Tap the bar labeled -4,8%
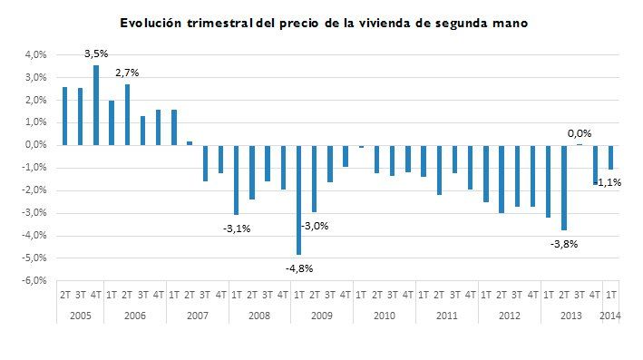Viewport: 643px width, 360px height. point(298,199)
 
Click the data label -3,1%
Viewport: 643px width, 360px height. point(236,229)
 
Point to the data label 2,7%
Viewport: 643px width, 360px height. point(127,72)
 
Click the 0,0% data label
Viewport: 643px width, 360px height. point(579,133)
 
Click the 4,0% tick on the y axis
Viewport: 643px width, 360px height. point(34,54)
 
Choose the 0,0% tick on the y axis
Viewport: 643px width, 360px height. point(34,145)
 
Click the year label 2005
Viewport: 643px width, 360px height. point(81,315)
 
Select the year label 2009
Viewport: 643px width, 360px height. point(322,315)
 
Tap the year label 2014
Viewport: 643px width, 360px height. point(611,315)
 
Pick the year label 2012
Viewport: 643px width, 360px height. point(510,315)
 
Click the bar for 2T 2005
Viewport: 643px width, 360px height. point(64,116)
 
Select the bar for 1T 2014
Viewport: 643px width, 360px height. point(611,157)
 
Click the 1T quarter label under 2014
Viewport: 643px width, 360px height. point(611,295)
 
